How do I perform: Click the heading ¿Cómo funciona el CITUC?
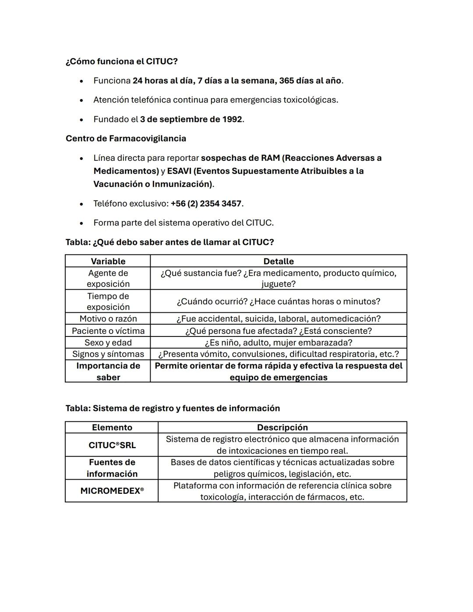pos(121,61)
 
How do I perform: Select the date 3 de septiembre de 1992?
pos(191,119)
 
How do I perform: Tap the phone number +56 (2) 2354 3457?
pos(206,203)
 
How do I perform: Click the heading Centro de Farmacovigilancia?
pos(126,138)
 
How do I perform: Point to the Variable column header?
pos(108,261)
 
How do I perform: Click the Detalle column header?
pos(279,261)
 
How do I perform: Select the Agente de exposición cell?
pos(108,278)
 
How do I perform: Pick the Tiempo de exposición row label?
pos(108,301)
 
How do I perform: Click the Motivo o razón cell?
pos(108,318)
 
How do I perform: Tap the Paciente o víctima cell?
pos(108,331)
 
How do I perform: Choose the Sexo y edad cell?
pos(108,343)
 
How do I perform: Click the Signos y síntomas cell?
pos(108,354)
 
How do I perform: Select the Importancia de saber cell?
pos(108,371)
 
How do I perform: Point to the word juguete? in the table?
pos(279,284)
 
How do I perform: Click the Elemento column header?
pos(112,427)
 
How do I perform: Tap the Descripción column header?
pos(282,427)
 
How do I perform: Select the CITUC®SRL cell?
pos(112,445)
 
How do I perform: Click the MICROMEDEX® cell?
pos(112,491)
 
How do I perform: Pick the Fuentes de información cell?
pos(112,468)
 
